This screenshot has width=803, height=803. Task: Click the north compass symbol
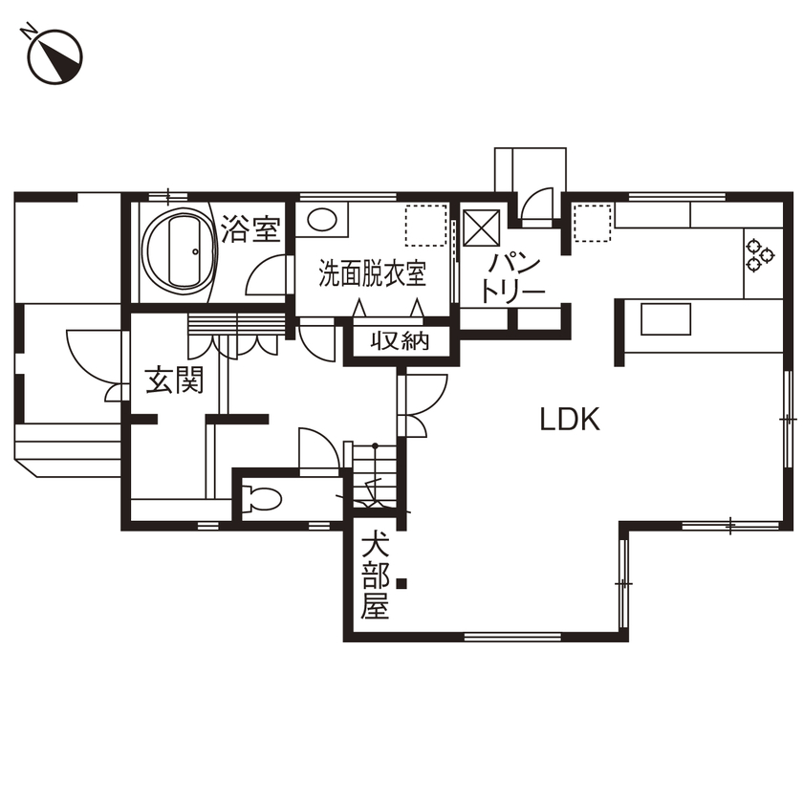pyautogui.click(x=54, y=54)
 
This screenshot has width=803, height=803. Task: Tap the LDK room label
pyautogui.click(x=570, y=419)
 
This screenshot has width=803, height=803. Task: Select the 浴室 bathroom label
pyautogui.click(x=250, y=229)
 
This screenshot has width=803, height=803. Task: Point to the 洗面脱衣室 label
pyautogui.click(x=372, y=275)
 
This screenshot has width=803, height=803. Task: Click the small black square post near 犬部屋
pyautogui.click(x=403, y=582)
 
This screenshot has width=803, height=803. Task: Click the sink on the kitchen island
pyautogui.click(x=665, y=319)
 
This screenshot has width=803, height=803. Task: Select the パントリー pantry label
pyautogui.click(x=513, y=277)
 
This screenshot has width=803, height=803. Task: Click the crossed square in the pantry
pyautogui.click(x=483, y=228)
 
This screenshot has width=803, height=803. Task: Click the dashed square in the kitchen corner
pyautogui.click(x=592, y=224)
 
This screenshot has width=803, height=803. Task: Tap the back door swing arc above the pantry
pyautogui.click(x=537, y=204)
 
